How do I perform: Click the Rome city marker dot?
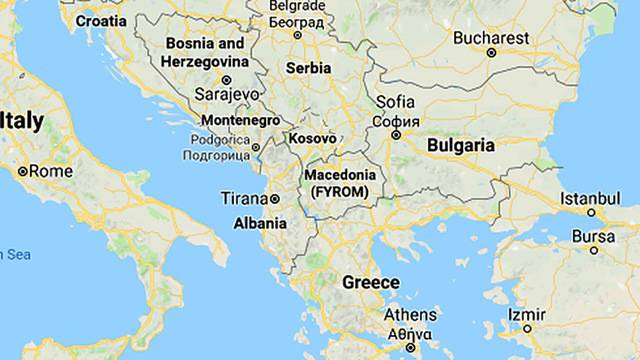23,171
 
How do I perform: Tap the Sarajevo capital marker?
226,79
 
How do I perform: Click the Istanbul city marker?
591,212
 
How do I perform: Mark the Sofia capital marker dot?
396,134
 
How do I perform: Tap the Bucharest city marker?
491,53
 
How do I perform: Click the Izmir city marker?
527,328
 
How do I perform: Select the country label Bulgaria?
460,145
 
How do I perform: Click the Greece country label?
371,283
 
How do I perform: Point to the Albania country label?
260,223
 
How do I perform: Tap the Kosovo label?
312,138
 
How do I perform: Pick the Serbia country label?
308,68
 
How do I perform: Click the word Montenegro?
240,120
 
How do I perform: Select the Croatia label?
101,20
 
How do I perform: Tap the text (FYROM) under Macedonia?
340,190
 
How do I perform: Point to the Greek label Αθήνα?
410,335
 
